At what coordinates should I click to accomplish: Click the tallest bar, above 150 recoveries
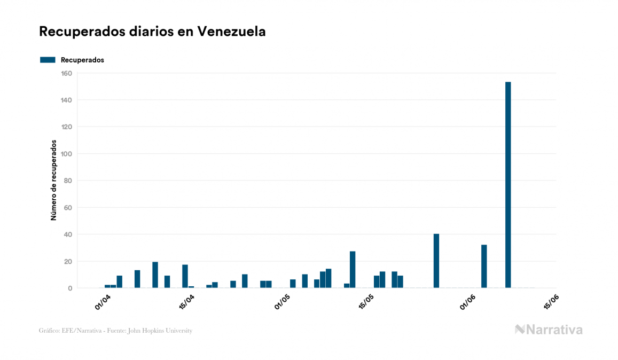click(508, 185)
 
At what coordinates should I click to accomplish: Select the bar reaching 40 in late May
click(436, 261)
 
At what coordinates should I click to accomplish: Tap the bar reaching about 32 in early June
click(484, 267)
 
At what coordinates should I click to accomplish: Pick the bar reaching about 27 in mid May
click(353, 270)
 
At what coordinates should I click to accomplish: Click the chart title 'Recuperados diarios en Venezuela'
click(152, 32)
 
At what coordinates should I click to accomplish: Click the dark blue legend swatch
click(48, 60)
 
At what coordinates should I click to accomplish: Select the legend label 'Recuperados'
click(82, 60)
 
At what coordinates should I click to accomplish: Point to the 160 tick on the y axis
click(67, 73)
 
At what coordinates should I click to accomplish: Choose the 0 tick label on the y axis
click(70, 288)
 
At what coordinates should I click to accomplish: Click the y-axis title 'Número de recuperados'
click(53, 181)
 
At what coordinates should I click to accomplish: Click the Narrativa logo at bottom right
click(549, 330)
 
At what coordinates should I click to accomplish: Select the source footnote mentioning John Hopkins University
click(115, 331)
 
